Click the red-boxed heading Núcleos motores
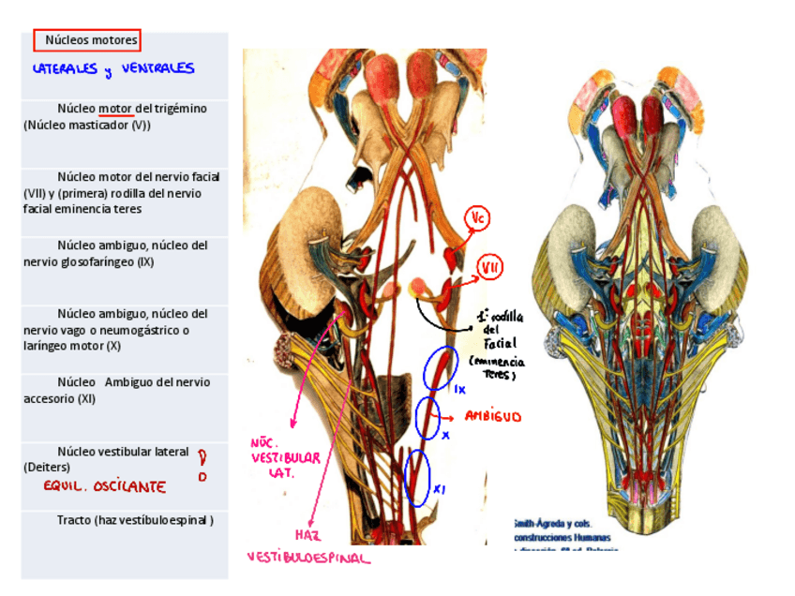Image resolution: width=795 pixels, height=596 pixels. [x=87, y=40]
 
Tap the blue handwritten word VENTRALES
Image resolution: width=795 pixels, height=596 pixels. [x=157, y=68]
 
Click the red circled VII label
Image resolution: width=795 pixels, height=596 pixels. [x=489, y=268]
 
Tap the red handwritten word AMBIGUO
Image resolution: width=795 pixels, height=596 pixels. [x=493, y=416]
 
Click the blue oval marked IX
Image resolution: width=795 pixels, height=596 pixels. [x=439, y=369]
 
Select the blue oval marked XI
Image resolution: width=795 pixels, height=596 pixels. [x=416, y=478]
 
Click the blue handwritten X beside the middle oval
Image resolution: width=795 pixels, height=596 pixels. [x=446, y=436]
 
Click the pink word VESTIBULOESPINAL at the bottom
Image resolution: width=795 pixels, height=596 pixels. [x=308, y=559]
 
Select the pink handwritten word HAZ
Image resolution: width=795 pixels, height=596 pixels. [x=307, y=535]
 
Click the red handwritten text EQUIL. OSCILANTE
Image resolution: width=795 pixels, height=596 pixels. [x=104, y=487]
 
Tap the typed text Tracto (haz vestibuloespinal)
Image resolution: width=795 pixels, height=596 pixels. [x=134, y=520]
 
